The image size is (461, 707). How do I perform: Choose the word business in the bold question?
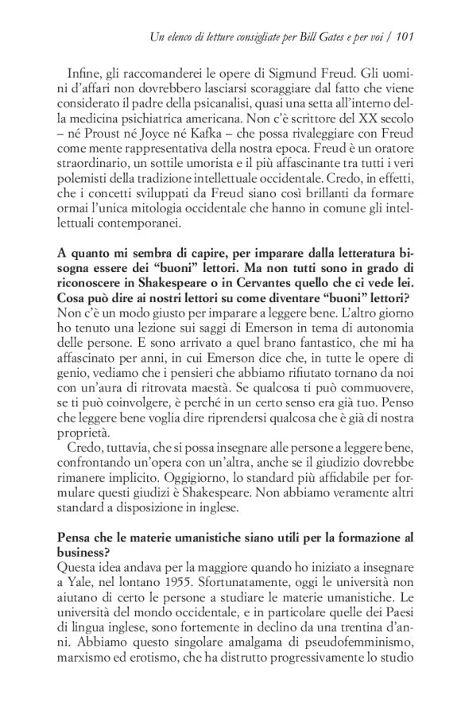pos(82,554)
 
